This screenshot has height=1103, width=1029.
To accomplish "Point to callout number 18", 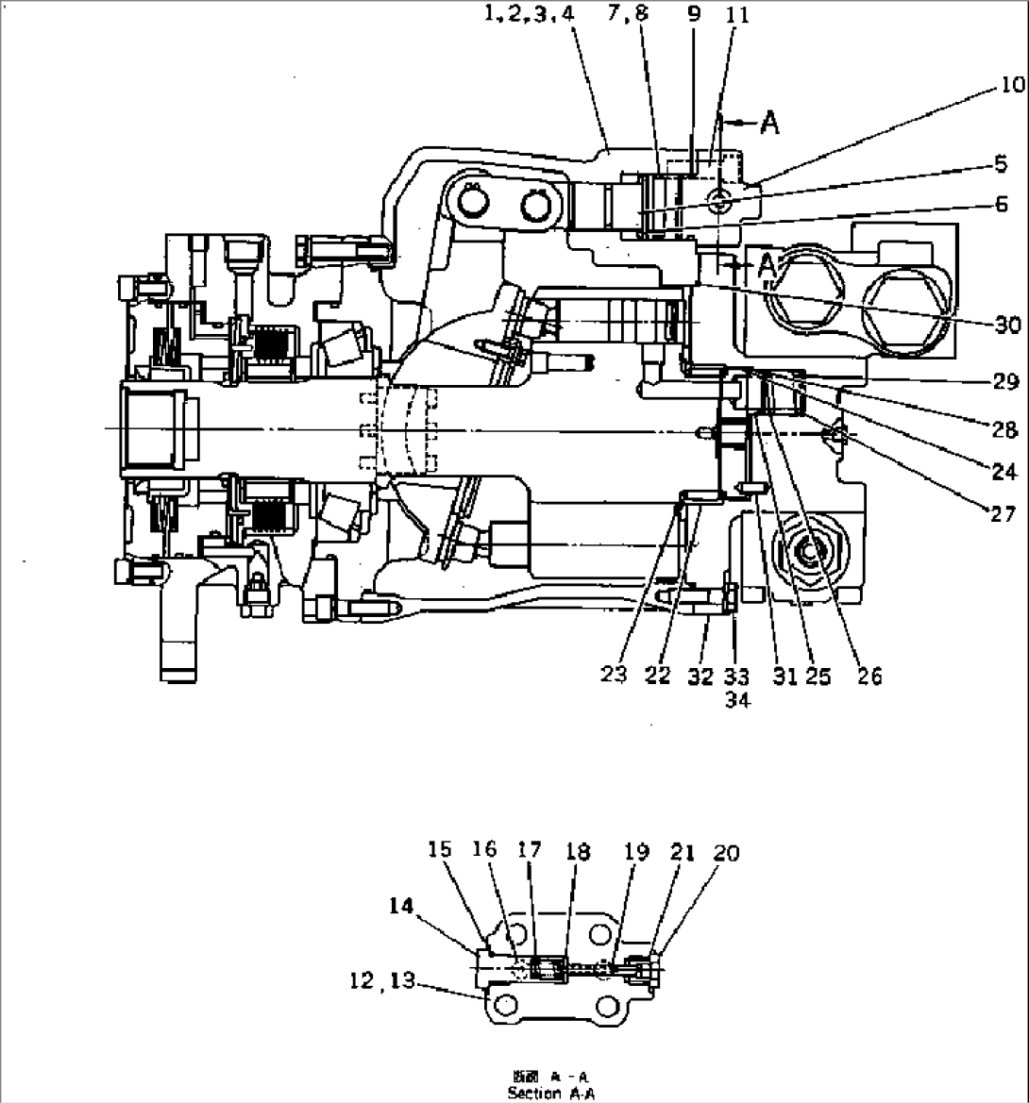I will pos(577,853).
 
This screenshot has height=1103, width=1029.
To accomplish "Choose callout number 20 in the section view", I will pos(726,853).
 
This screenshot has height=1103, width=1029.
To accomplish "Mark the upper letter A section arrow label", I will pos(769,124).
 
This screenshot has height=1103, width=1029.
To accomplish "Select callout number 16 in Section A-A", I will pos(485,853).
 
